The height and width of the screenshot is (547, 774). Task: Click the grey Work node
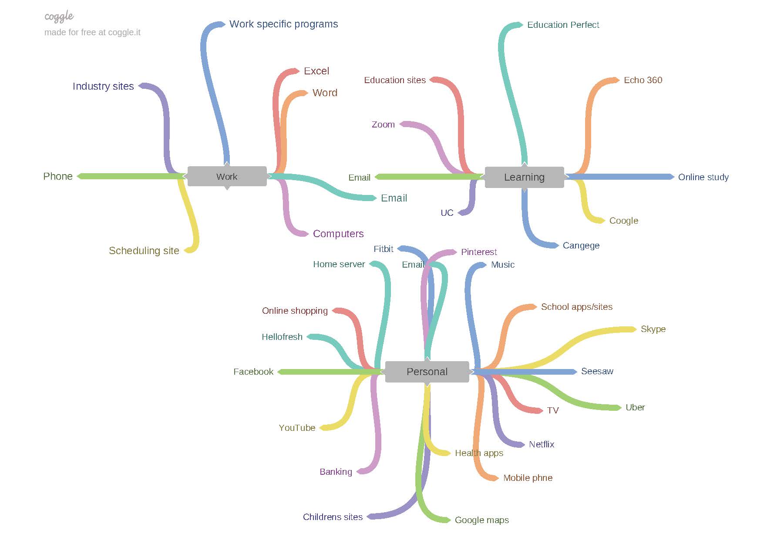click(227, 177)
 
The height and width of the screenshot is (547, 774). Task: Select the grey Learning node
click(524, 177)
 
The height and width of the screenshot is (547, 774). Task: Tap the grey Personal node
click(427, 372)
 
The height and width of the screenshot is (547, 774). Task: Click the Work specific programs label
click(283, 24)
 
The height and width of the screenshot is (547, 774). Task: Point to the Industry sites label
click(103, 86)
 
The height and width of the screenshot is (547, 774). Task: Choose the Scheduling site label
click(144, 251)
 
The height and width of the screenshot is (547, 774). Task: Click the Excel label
click(316, 71)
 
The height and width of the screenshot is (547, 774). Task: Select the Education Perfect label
click(563, 25)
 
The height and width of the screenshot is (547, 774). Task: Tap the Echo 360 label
click(643, 80)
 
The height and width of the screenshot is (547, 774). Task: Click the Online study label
click(703, 177)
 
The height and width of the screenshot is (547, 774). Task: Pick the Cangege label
click(581, 245)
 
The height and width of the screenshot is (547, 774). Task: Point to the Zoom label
click(383, 124)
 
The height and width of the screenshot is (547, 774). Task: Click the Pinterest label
click(479, 252)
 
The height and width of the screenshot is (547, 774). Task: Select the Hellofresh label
click(282, 337)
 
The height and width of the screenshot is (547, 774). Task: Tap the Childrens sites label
click(333, 517)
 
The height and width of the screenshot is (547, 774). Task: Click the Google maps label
click(481, 520)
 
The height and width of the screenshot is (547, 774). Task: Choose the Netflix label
click(542, 444)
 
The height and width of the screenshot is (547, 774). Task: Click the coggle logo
click(59, 17)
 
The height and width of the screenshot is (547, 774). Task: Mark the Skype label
click(653, 329)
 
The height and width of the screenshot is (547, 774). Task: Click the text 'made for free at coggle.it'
click(92, 32)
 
